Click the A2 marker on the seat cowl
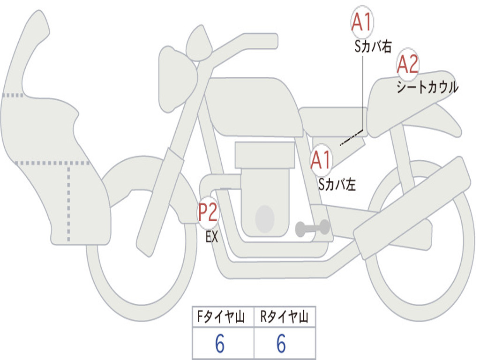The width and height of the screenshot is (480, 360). pyautogui.click(x=408, y=65)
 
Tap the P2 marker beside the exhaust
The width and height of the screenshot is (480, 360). pyautogui.click(x=207, y=213)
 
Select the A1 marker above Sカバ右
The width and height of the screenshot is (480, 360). pyautogui.click(x=362, y=22)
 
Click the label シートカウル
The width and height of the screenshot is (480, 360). pyautogui.click(x=427, y=88)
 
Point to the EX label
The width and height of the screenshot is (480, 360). pyautogui.click(x=212, y=237)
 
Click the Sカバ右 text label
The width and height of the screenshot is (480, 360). pyautogui.click(x=373, y=46)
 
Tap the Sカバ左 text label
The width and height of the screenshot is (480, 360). pyautogui.click(x=337, y=185)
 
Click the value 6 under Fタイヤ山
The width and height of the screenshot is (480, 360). pyautogui.click(x=220, y=344)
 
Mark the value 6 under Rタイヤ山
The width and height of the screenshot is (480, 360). pyautogui.click(x=281, y=344)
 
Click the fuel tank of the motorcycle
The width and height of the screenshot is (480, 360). pyautogui.click(x=253, y=105)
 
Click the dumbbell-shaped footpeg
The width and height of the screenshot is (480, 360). pyautogui.click(x=312, y=228)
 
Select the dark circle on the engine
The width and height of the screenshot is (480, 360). pyautogui.click(x=265, y=218)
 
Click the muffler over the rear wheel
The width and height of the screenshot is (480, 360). pyautogui.click(x=412, y=202)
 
